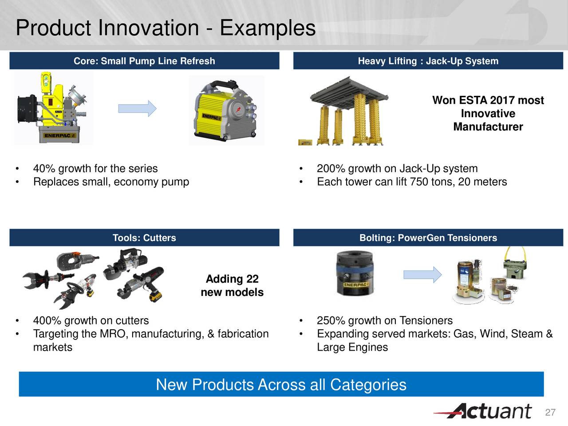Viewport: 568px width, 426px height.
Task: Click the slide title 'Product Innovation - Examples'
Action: [x=166, y=28]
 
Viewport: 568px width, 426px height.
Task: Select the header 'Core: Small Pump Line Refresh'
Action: [x=144, y=61]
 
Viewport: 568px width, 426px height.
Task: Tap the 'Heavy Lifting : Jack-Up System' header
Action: [x=428, y=61]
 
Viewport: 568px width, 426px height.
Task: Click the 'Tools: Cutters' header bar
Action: [x=144, y=238]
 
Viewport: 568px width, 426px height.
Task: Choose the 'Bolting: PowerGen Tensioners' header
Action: [x=428, y=238]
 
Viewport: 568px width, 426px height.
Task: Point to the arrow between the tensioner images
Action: [x=422, y=275]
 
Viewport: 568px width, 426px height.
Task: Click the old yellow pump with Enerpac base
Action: [x=54, y=108]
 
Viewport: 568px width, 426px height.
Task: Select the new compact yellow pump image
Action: [x=226, y=110]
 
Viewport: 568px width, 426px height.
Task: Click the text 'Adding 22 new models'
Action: [x=232, y=286]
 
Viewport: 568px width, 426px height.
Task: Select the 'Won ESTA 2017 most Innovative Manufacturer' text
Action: [x=488, y=114]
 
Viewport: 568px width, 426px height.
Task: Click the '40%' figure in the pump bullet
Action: [x=44, y=169]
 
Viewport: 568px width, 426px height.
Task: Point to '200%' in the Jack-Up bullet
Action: [x=331, y=169]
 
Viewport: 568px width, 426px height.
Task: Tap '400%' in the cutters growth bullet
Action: [x=47, y=320]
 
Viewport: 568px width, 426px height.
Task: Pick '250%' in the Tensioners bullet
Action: [x=331, y=320]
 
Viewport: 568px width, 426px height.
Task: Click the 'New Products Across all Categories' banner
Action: [x=281, y=384]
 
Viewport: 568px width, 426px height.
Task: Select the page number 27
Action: [x=550, y=413]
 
